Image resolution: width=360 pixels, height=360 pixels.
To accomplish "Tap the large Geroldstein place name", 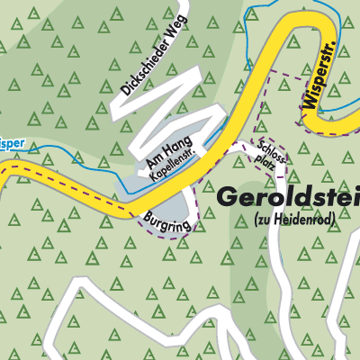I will pos(288,195).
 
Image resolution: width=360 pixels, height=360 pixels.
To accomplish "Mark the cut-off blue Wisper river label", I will pos(9,141).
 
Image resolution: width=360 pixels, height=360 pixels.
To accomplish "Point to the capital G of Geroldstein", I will pos(227,195).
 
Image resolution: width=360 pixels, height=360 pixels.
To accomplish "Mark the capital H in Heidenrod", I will pos(301,219).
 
